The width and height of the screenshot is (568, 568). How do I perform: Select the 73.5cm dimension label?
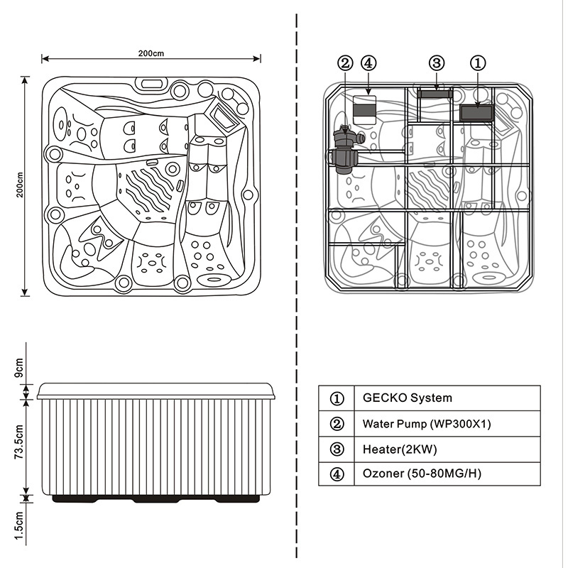pos(20,444)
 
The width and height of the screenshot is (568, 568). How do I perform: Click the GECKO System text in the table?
pos(407,398)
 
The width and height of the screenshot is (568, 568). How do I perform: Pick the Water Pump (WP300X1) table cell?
pos(427,424)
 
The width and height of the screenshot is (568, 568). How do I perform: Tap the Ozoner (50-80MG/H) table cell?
pos(422,474)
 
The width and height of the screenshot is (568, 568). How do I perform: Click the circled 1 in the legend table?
pos(337,398)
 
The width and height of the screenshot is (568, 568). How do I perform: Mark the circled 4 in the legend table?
pos(337,474)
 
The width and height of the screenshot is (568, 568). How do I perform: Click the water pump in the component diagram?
pos(345,150)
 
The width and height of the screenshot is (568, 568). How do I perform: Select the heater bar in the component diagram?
pos(434,93)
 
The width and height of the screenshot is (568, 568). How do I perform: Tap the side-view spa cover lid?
pos(156,390)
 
